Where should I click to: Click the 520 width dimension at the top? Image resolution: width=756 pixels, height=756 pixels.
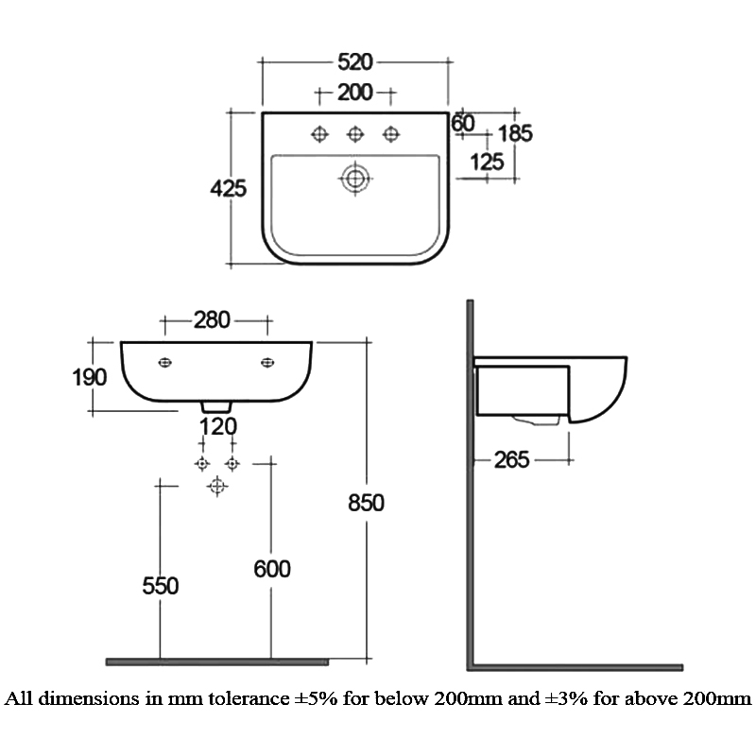point(355,62)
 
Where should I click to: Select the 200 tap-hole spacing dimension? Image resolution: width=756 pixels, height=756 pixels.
point(355,93)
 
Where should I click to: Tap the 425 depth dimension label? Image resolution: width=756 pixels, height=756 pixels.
point(228,188)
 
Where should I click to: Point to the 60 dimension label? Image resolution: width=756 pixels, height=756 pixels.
point(462,123)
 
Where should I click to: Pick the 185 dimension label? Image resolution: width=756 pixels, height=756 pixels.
point(515,133)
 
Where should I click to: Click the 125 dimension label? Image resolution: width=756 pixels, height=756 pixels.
point(487,163)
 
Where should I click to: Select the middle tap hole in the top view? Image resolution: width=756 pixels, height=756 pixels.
point(355,135)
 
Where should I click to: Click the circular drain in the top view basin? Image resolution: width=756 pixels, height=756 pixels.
point(355,178)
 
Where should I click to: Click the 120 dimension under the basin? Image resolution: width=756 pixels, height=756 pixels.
point(217,426)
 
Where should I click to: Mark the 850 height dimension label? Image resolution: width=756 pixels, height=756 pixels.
point(365,503)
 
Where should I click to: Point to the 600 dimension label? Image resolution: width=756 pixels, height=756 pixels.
point(271,568)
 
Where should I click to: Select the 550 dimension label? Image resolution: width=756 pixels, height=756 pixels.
point(161,586)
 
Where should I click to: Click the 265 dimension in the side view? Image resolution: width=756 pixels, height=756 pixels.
point(512,460)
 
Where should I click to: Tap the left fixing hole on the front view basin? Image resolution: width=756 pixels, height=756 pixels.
point(165,362)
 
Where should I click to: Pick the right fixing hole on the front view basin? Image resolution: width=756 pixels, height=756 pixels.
point(267,362)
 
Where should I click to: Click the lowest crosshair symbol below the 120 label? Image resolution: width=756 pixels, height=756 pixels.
point(217,486)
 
